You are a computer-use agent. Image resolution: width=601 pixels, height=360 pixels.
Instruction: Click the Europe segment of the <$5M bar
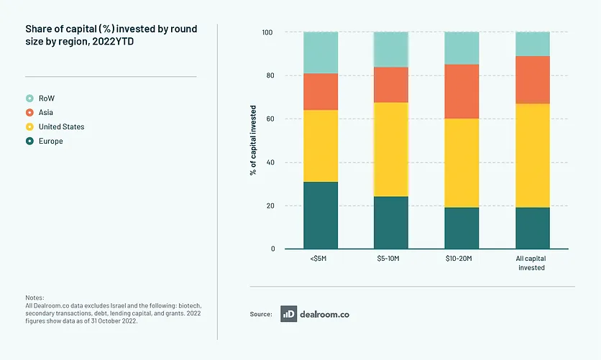click(321, 215)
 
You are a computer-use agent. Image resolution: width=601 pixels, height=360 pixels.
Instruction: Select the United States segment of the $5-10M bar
click(391, 149)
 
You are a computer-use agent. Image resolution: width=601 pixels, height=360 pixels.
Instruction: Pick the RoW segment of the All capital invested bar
click(532, 44)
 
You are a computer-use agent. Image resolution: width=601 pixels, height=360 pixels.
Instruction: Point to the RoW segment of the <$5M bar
click(321, 52)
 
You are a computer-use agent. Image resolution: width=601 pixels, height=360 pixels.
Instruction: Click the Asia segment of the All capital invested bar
click(532, 80)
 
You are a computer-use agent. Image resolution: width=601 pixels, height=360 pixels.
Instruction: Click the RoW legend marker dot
click(29, 98)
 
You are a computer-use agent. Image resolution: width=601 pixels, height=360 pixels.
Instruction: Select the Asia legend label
click(46, 112)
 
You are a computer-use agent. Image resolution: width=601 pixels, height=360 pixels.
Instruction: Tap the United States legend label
click(61, 126)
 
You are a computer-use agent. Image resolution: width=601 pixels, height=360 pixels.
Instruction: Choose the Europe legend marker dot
click(29, 141)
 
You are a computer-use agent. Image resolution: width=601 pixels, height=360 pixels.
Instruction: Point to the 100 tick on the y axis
click(268, 32)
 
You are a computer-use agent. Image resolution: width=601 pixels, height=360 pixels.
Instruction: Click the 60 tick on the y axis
click(270, 119)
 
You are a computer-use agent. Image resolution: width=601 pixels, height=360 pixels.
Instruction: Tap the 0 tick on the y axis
click(272, 249)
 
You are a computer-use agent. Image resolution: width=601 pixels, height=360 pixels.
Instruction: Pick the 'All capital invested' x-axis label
click(532, 263)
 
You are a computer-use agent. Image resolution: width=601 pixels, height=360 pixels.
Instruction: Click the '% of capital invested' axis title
click(254, 141)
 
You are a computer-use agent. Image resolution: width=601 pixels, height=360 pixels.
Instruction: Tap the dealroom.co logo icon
click(289, 313)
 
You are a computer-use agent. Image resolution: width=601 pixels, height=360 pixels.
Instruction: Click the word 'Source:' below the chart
click(261, 314)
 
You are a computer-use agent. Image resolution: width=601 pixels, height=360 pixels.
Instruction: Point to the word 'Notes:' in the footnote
click(35, 297)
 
